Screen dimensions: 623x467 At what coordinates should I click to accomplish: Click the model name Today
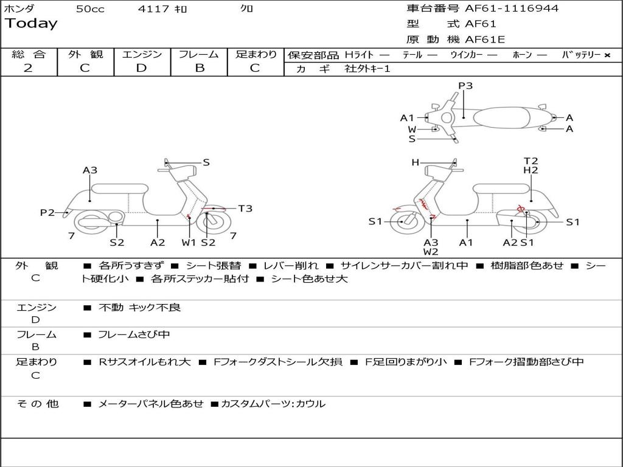coord(31,24)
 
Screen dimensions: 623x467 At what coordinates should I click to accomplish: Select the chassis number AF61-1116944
coord(512,9)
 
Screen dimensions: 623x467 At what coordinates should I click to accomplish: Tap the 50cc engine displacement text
coord(89,9)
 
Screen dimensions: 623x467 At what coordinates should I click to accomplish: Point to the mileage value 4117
coord(153,9)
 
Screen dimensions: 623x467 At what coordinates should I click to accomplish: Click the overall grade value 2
coord(28,68)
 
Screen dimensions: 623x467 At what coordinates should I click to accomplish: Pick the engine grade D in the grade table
coord(141,68)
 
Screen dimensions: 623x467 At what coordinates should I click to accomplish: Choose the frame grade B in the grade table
coord(200,68)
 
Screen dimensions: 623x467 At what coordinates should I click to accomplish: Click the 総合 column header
coord(29,54)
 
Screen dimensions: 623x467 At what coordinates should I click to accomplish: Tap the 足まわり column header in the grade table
coord(256,54)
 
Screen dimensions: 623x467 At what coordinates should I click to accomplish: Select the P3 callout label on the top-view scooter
coord(465,86)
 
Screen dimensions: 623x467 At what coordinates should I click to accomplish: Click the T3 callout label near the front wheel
coord(245,209)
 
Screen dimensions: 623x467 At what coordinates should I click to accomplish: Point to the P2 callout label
coord(47,212)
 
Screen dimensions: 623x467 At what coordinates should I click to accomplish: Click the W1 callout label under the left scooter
coord(189,243)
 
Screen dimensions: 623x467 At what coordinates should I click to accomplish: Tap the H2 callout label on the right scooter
coord(531,170)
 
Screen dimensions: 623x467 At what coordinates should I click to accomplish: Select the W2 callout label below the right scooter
coord(431,251)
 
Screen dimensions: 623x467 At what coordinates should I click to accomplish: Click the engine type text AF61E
coord(485,40)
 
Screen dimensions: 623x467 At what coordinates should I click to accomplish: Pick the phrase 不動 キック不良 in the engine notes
coord(140,308)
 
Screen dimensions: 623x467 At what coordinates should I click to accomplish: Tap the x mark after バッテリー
coord(607,55)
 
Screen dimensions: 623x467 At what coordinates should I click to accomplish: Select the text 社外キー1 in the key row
coord(367,69)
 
